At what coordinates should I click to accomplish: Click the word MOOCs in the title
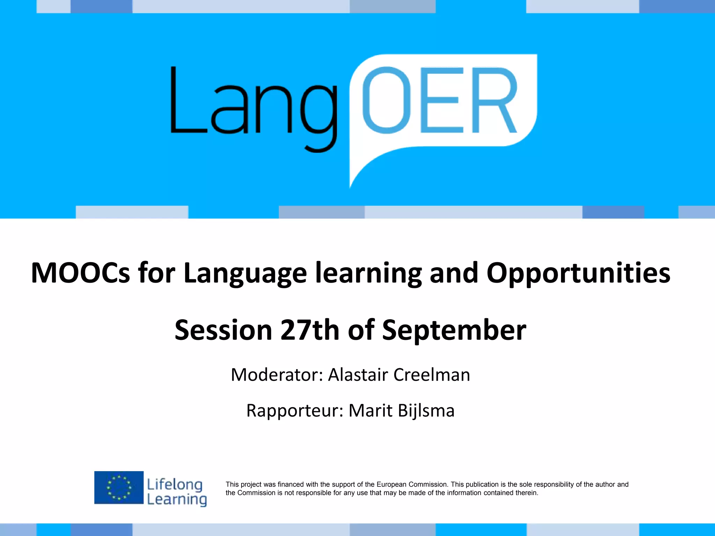[x=81, y=273]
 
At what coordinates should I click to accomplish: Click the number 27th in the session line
[x=310, y=330]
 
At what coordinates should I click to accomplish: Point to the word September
[x=454, y=330]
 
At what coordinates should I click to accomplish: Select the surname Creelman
[x=432, y=375]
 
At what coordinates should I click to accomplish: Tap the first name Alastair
[x=358, y=375]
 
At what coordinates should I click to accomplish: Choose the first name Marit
[x=370, y=410]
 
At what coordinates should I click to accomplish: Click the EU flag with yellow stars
[x=119, y=487]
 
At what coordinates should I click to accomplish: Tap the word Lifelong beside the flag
[x=175, y=484]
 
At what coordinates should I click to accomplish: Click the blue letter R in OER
[x=494, y=100]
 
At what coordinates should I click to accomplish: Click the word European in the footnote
[x=391, y=484]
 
